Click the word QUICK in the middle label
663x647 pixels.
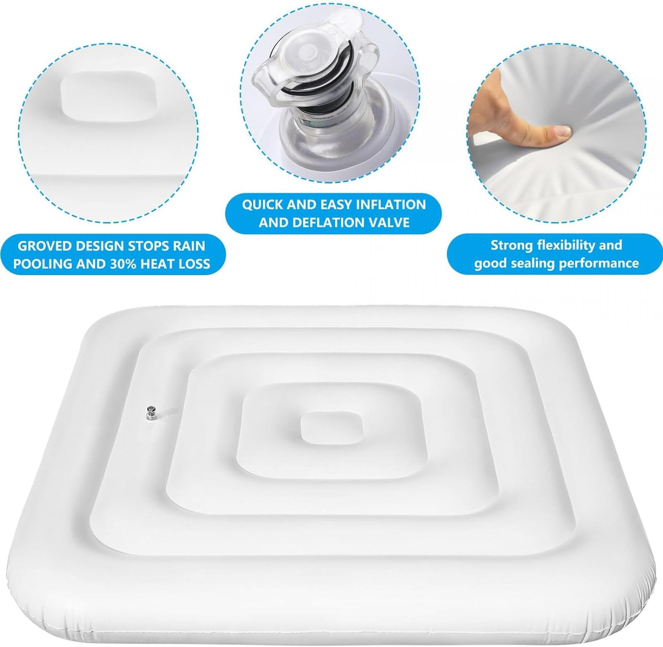tap(263, 204)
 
